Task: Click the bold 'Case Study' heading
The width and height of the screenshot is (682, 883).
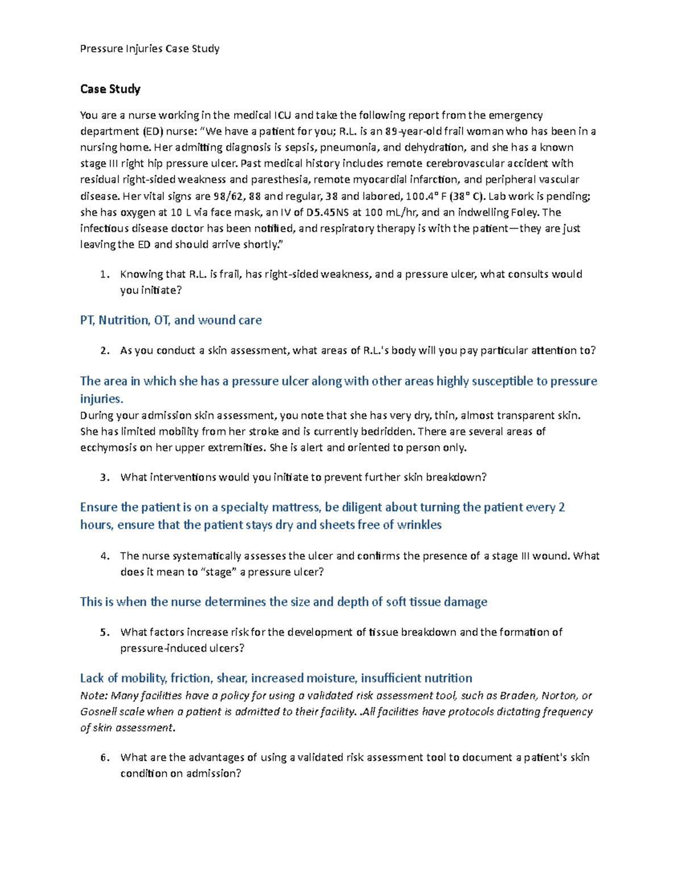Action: (110, 89)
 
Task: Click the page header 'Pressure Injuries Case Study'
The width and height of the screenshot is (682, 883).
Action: (149, 49)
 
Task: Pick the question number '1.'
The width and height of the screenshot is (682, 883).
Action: (104, 275)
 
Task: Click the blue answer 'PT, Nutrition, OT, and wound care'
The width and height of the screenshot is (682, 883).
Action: (170, 320)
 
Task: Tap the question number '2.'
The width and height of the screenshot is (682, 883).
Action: (104, 351)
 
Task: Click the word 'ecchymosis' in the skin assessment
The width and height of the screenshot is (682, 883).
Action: (109, 448)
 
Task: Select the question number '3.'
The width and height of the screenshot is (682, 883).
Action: (104, 478)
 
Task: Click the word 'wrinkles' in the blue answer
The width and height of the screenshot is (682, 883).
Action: (419, 525)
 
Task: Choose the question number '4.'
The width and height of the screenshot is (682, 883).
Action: (104, 556)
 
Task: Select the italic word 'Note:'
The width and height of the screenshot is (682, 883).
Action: (94, 696)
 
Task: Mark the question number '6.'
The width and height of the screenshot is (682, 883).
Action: (104, 758)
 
